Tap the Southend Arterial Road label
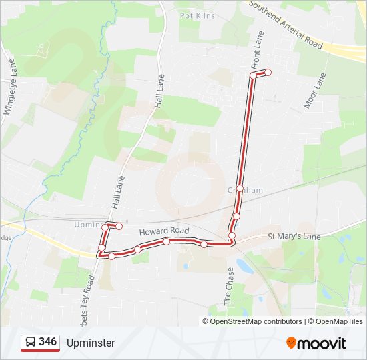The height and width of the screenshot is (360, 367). tap(286, 25)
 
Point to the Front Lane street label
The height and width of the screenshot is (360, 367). tap(258, 51)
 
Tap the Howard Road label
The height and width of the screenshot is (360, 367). tap(164, 231)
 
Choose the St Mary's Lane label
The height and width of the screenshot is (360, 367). tap(294, 237)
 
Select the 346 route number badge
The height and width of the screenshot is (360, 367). tap(47, 342)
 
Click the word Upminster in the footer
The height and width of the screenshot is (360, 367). tap(91, 343)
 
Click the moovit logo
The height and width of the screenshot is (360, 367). tap(316, 343)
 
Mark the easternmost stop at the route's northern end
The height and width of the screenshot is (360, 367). tap(268, 72)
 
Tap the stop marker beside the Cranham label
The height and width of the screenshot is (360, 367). tap(240, 188)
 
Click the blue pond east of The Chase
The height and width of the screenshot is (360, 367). tap(244, 267)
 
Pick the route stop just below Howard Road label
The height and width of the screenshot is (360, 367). tap(166, 241)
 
